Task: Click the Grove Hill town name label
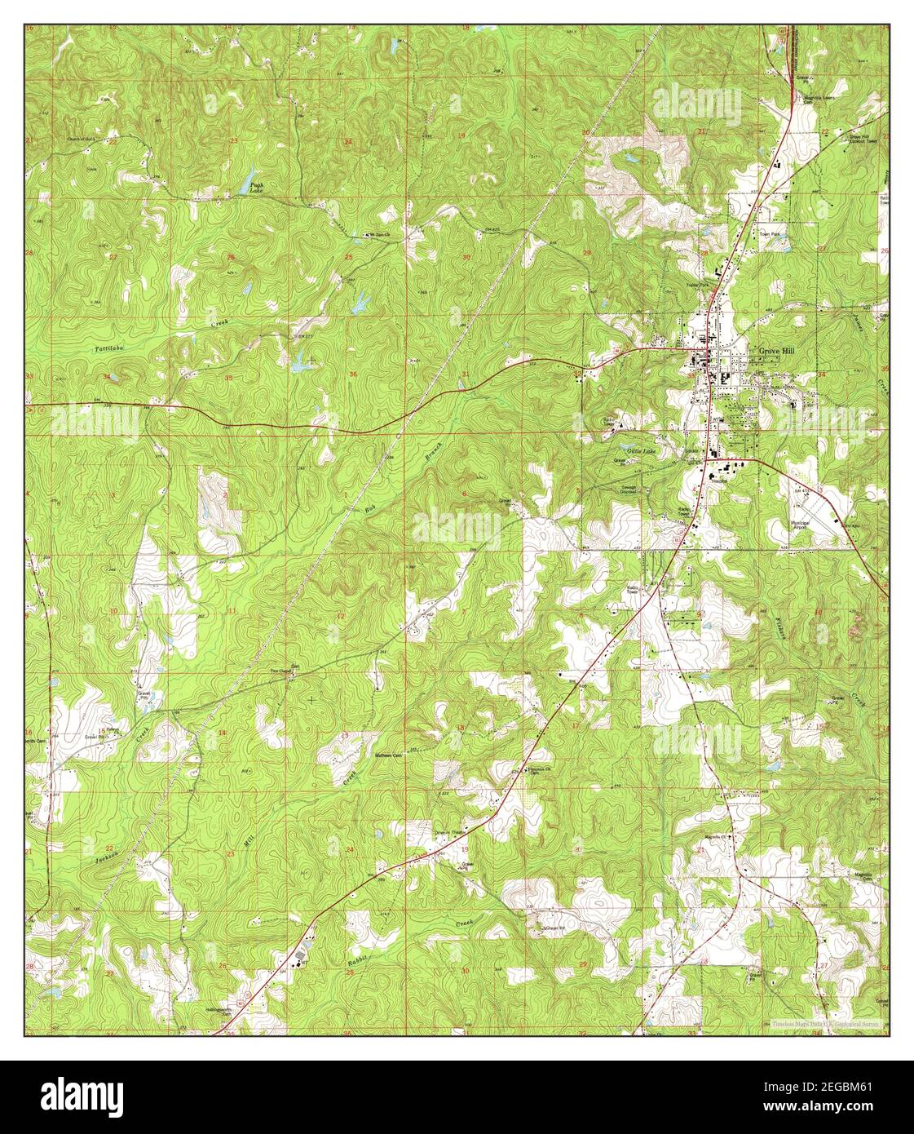click(775, 351)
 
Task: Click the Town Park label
click(770, 234)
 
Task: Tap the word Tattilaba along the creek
click(109, 348)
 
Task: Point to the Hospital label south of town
click(719, 481)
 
